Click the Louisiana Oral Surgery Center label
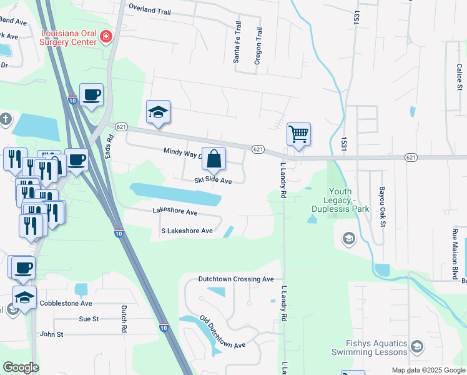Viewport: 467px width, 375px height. [68, 37]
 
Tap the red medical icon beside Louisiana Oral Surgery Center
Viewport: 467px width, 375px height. [107, 37]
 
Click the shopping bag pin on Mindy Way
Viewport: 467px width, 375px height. [214, 159]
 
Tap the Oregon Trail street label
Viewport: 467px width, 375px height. [257, 46]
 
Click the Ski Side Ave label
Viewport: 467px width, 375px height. [212, 181]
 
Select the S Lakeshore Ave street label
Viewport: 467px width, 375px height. [187, 231]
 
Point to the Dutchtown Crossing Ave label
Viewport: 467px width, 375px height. [236, 279]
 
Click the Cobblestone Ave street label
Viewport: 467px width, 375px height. [66, 303]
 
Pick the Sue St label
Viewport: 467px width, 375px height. [89, 319]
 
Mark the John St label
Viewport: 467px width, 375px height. [52, 334]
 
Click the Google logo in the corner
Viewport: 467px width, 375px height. [21, 367]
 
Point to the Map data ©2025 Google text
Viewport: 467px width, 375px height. [428, 370]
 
